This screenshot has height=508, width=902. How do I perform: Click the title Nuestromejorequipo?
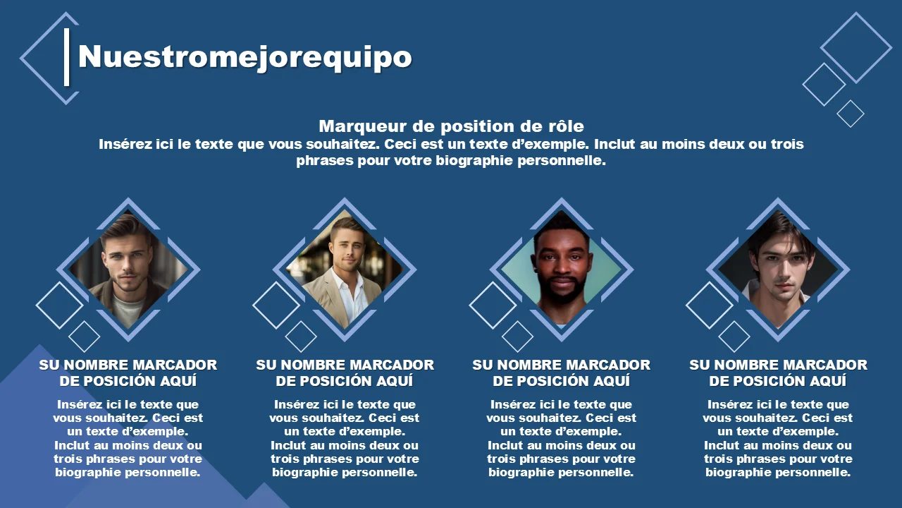coord(245,57)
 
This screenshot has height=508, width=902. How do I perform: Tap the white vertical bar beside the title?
coord(67,57)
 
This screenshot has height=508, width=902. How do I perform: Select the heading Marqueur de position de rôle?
coord(451,126)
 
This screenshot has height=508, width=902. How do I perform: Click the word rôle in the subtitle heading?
coord(566,126)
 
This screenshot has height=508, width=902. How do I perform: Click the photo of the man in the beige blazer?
coord(345,270)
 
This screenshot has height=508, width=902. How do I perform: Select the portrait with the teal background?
coord(562,270)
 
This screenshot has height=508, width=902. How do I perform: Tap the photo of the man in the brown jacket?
coord(128,270)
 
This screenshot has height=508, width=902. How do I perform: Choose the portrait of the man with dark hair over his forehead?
coord(778,270)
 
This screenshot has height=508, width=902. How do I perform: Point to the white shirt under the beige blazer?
coord(353,298)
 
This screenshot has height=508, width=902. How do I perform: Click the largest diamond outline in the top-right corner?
coord(856,47)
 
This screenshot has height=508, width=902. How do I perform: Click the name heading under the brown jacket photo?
coord(128,373)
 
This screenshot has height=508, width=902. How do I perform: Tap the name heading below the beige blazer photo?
coord(345,373)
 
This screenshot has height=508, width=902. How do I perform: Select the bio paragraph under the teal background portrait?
coord(562,438)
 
